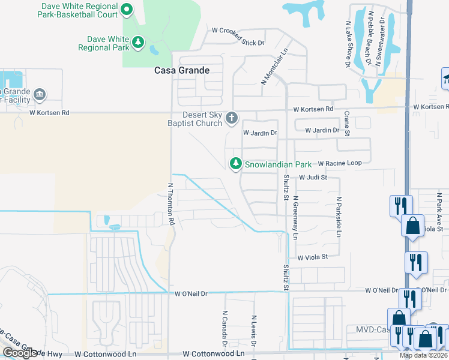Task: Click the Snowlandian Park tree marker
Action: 237,163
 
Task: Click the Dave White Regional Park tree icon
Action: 139,42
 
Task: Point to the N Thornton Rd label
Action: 170,204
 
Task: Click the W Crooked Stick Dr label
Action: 238,31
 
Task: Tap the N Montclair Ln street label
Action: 276,66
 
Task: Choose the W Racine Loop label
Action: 340,163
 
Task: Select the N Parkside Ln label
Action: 339,216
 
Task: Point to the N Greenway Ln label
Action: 295,220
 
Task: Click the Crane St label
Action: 346,124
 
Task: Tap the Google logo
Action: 19,353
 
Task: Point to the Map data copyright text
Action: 424,355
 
